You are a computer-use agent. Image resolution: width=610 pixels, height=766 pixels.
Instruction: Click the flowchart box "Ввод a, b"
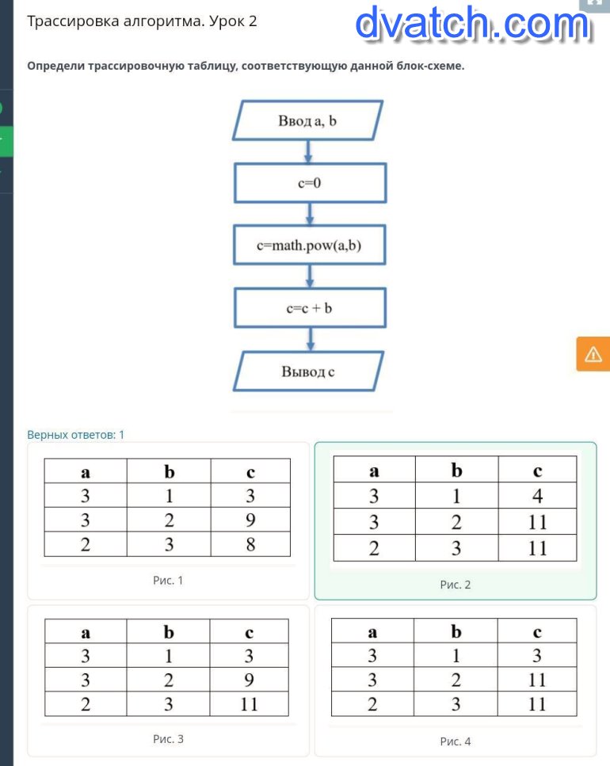307,120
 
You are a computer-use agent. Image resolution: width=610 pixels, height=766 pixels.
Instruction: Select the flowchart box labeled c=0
310,183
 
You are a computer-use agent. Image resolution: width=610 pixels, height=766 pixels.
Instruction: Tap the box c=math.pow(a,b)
310,245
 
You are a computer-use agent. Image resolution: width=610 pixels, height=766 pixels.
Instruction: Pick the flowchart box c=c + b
310,308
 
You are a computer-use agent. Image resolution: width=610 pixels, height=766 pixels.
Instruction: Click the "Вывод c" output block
308,372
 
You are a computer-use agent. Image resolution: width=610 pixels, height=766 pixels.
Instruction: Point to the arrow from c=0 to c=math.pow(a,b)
310,214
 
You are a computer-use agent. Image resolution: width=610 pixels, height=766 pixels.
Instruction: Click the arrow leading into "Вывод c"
310,340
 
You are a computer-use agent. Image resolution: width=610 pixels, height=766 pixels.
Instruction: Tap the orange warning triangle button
593,353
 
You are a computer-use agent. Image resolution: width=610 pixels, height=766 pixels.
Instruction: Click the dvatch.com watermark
473,24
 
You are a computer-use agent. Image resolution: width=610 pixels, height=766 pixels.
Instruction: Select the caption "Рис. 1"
167,581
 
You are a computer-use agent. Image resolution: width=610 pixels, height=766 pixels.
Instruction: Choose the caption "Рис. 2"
456,585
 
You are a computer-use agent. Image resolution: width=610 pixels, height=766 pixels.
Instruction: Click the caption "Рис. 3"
168,739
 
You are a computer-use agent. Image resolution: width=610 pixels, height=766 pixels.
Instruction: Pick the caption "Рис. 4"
456,741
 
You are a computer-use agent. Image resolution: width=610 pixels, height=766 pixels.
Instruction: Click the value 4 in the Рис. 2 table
537,496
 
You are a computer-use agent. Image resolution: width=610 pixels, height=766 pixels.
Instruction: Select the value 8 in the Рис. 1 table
250,544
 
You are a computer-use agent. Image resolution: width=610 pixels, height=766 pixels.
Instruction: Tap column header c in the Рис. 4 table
537,632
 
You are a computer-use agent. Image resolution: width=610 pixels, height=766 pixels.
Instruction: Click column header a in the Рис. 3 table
86,633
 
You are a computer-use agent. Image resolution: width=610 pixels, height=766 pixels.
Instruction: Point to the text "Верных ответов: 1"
76,435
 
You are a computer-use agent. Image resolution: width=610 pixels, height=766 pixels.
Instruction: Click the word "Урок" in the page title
227,21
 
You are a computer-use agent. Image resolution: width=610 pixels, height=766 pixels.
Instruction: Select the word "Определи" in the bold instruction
56,66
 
